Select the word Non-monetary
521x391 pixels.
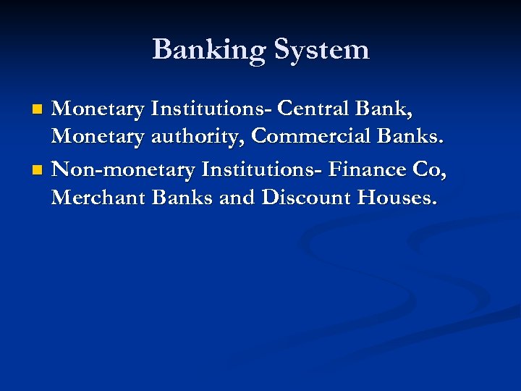click(124, 169)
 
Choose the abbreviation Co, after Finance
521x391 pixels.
click(430, 169)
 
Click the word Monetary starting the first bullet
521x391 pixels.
click(98, 109)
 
